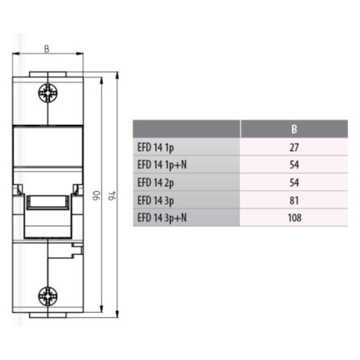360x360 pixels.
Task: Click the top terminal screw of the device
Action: (48, 93)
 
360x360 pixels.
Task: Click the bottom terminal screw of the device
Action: (48, 296)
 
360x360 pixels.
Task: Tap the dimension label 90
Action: (97, 195)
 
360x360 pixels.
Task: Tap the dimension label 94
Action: (112, 195)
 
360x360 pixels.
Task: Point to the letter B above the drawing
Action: (47, 49)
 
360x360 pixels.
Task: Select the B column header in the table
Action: (294, 129)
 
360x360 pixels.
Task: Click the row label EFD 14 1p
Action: (155, 148)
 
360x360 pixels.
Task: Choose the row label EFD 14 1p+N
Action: (162, 165)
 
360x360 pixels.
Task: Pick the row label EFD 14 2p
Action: (155, 183)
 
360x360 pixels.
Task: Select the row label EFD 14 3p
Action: (155, 200)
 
